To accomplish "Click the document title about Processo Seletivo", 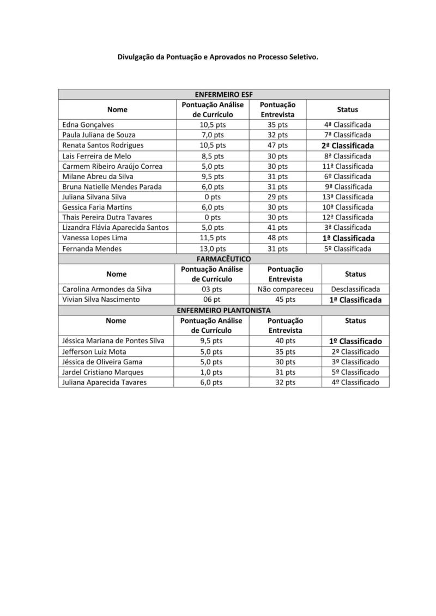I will tap(218, 57).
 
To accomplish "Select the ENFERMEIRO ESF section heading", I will tap(223, 94).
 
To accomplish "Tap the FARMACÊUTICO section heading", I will tap(223, 259).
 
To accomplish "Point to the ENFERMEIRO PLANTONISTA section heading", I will tap(223, 310).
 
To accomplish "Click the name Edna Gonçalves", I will tap(88, 125).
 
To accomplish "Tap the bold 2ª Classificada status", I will tap(348, 146).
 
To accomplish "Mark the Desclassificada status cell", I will tap(355, 289).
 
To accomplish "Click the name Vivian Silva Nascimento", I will tap(101, 300).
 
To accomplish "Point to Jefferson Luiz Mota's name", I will tap(94, 352).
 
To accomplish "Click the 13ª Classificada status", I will tap(348, 197).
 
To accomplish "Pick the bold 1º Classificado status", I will tap(355, 341).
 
